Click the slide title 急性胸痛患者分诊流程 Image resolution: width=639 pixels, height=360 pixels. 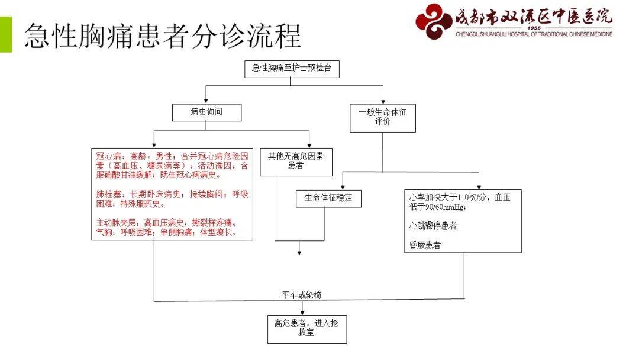(162, 36)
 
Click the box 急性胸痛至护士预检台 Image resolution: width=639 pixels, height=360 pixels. (292, 69)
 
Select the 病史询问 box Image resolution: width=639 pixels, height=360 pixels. (206, 112)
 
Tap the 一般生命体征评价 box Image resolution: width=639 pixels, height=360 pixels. (383, 118)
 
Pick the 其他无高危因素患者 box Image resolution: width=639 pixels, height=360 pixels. (296, 162)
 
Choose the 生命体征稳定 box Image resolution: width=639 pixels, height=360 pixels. (328, 198)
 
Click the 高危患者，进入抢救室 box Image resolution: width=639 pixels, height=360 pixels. (307, 329)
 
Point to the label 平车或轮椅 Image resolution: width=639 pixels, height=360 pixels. (302, 295)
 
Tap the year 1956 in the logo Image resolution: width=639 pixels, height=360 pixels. (534, 28)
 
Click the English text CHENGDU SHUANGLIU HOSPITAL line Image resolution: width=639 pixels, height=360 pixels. (534, 34)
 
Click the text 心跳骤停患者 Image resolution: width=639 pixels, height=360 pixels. (433, 226)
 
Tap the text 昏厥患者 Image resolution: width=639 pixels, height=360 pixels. (425, 245)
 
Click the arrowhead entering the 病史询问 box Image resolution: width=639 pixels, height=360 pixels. (206, 101)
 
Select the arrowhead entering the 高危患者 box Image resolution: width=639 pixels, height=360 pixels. (302, 312)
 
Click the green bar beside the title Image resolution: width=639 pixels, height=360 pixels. (6, 35)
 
